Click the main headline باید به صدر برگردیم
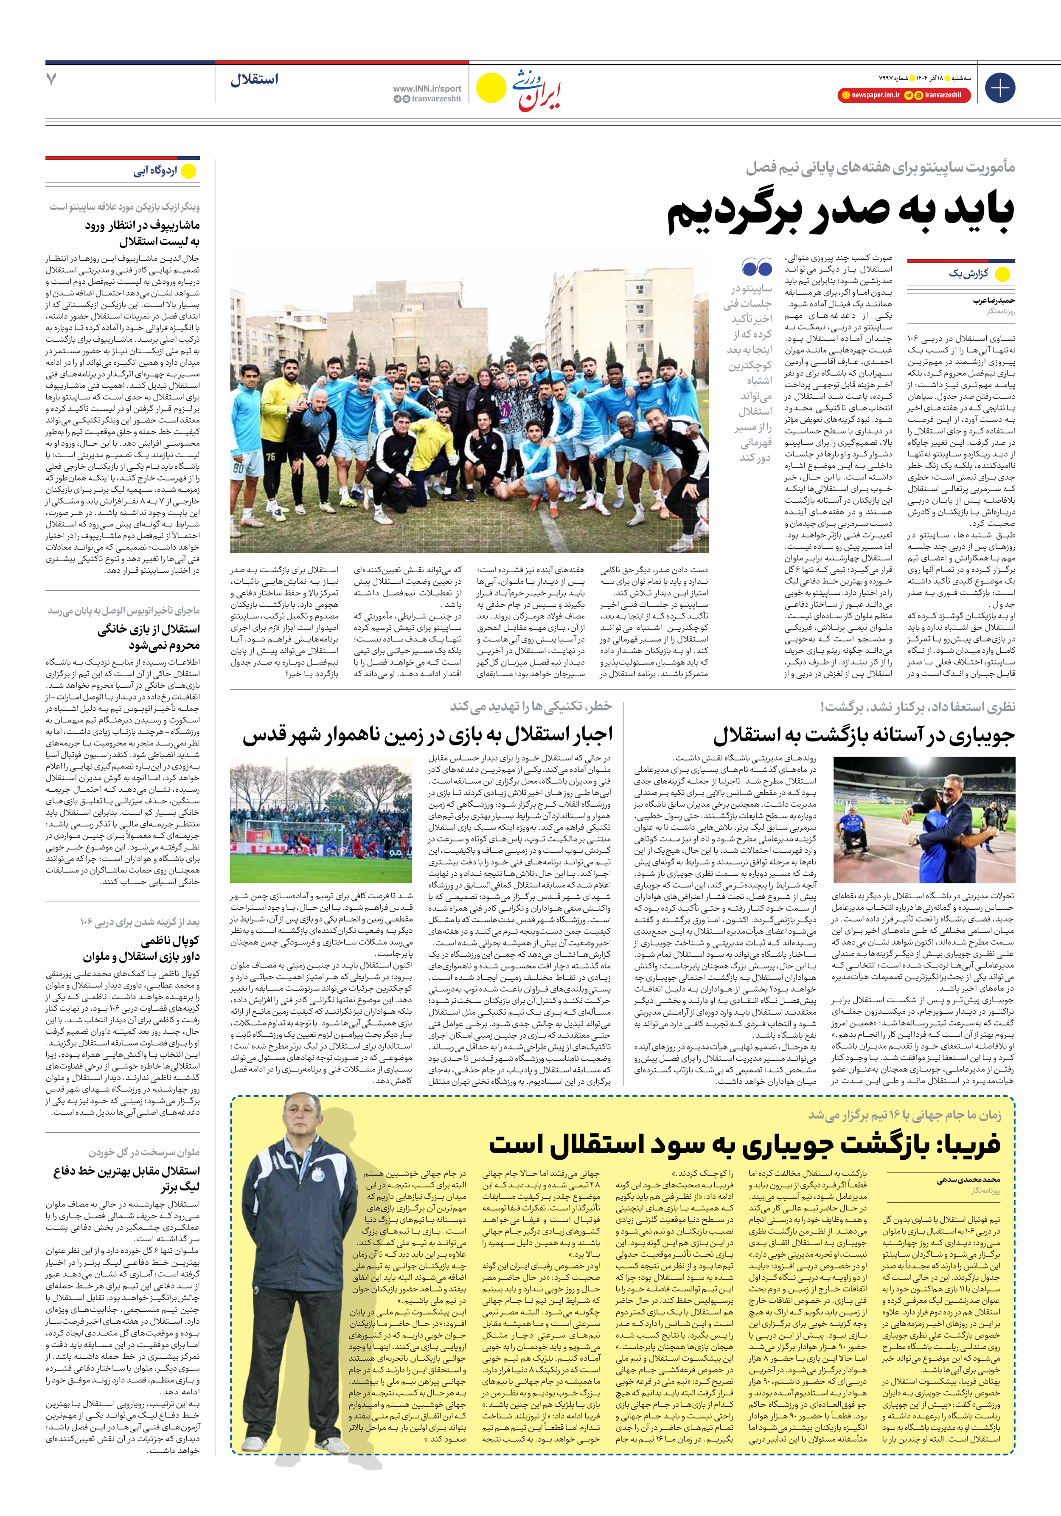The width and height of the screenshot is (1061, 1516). point(840,212)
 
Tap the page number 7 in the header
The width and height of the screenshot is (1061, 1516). point(51,79)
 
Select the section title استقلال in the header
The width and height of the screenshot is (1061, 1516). point(254,80)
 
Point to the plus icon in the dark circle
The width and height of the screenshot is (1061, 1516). point(999,88)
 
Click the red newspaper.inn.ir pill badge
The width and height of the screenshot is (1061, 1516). point(870,95)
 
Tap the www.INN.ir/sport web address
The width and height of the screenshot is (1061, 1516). point(427,88)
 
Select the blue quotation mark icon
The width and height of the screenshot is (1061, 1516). point(757,267)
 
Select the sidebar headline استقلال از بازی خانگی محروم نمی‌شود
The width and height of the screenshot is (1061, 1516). point(149,637)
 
